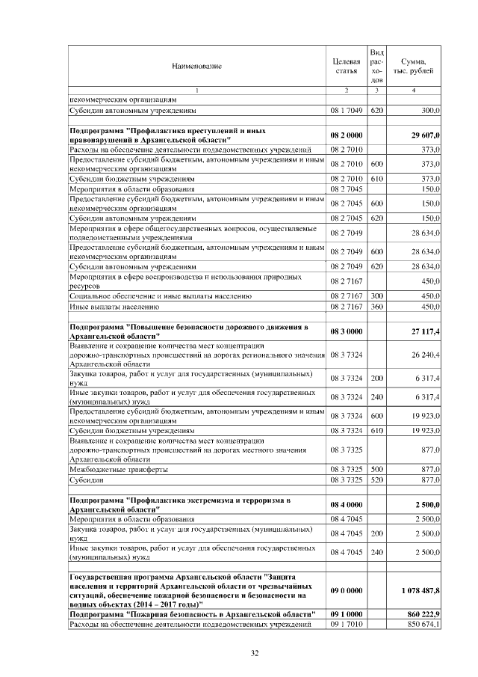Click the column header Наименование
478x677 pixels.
coord(197,67)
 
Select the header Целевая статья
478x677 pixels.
coord(346,66)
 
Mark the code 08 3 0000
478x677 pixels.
coord(346,332)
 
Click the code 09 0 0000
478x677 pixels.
coord(346,590)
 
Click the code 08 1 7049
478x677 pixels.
coord(346,109)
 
